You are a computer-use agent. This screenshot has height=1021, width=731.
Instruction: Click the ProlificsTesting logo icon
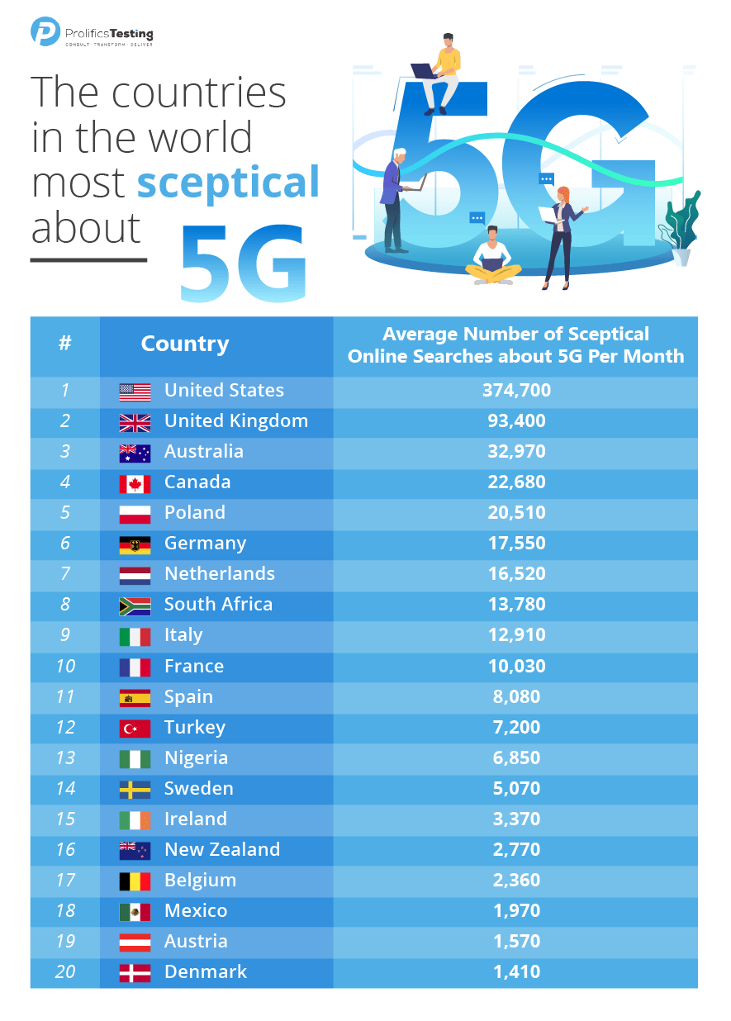(x=45, y=31)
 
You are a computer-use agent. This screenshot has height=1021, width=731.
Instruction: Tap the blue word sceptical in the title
(x=228, y=182)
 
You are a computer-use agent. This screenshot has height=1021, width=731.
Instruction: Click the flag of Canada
(x=135, y=483)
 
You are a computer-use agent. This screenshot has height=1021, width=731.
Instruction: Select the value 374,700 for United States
(x=516, y=391)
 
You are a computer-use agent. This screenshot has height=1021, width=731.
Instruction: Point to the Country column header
(x=185, y=344)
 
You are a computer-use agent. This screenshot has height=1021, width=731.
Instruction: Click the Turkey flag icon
(x=135, y=729)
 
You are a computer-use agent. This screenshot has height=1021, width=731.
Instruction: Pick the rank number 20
(x=65, y=972)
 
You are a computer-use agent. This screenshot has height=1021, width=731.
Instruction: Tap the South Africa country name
(x=218, y=605)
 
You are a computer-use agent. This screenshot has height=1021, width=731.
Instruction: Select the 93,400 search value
(x=516, y=421)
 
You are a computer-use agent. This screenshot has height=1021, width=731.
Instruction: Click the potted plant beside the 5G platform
(x=681, y=227)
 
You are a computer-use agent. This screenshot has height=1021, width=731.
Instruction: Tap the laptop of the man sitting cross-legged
(x=493, y=265)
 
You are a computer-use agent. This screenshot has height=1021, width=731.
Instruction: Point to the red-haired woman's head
(x=564, y=195)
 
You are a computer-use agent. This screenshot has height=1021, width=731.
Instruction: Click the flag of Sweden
(x=135, y=790)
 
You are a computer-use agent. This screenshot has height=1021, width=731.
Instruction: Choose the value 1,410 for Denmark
(x=516, y=972)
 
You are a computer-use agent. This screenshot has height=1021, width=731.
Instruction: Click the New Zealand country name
(x=222, y=850)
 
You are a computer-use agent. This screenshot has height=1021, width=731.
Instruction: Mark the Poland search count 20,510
(x=516, y=513)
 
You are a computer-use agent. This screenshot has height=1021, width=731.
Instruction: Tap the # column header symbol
(x=65, y=344)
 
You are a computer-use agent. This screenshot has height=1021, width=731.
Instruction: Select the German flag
(x=135, y=544)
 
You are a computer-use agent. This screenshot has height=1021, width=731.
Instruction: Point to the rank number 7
(x=65, y=574)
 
